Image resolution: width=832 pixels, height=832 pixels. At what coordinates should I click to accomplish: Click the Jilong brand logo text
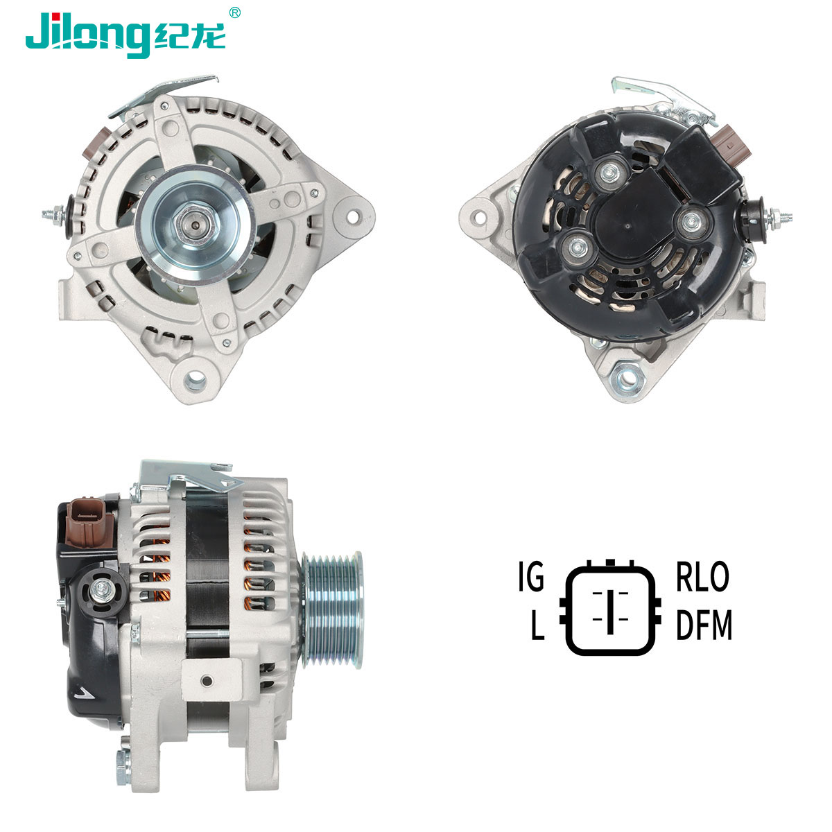point(125,35)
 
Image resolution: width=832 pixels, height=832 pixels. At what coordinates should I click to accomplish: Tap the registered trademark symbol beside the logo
point(234,12)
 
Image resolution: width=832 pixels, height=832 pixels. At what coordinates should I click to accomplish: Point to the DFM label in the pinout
point(704,624)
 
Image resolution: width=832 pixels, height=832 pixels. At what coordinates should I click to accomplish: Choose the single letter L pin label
point(537,624)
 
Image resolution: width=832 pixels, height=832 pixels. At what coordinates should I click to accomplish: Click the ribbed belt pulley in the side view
point(333,609)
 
